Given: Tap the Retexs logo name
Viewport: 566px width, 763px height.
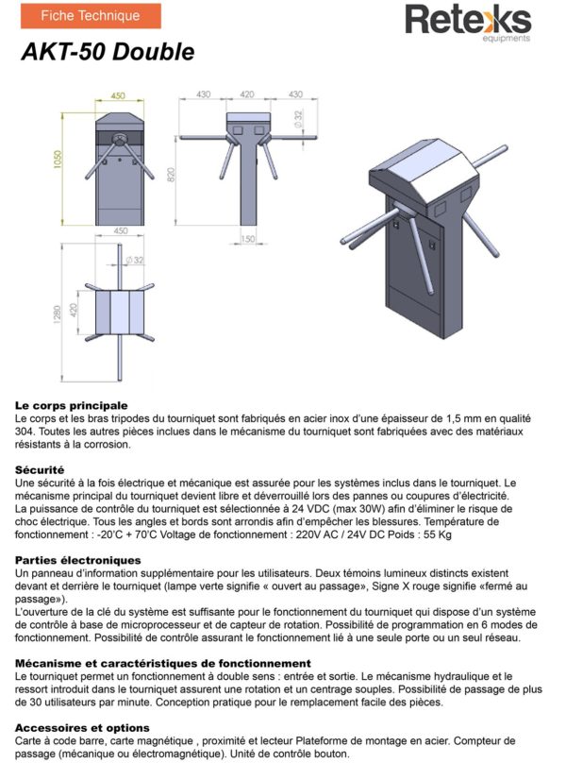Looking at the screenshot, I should (x=468, y=20).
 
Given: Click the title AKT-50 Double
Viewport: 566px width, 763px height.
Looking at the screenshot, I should (x=108, y=53).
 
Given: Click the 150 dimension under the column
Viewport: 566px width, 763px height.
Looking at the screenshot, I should (x=247, y=239).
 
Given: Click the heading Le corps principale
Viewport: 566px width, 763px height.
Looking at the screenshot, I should (x=71, y=405).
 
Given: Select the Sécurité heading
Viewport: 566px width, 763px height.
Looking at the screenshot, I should (x=40, y=469).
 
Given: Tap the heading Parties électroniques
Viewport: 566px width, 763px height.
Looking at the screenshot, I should (x=78, y=560).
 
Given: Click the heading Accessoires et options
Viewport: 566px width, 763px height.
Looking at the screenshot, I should (x=82, y=728).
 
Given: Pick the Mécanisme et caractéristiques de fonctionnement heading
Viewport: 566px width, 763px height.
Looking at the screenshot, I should (x=163, y=664).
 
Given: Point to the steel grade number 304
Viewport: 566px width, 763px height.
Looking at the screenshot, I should (x=25, y=431).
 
